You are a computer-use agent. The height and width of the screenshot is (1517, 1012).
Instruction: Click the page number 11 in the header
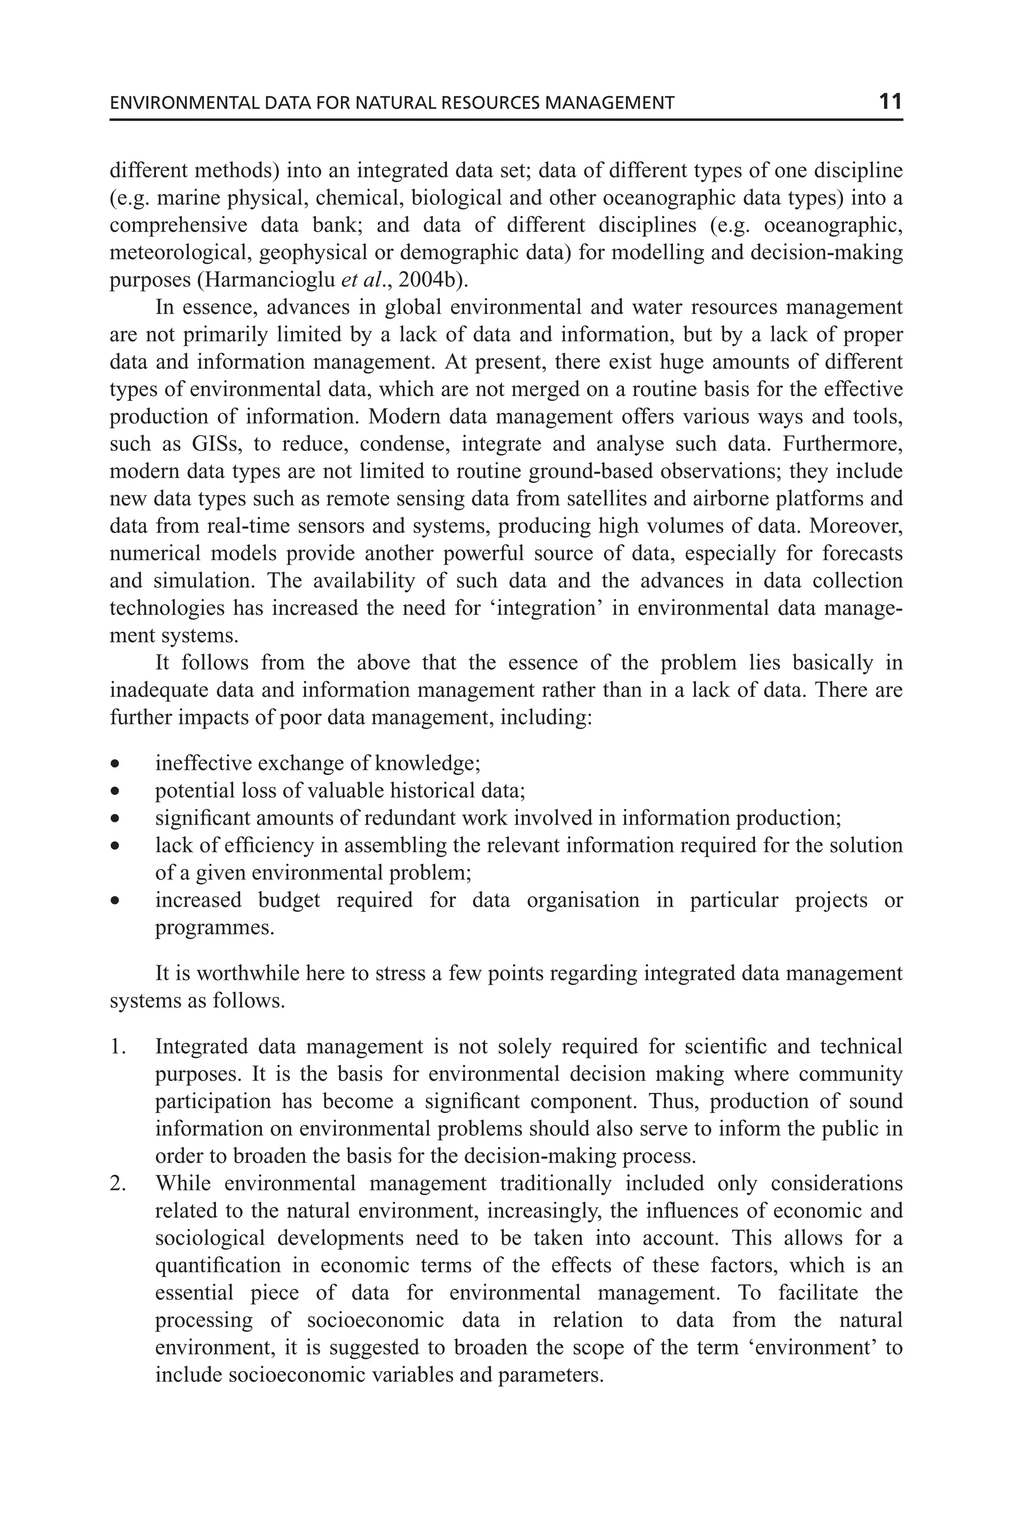890,102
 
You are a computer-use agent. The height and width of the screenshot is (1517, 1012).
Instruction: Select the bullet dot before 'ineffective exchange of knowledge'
115,764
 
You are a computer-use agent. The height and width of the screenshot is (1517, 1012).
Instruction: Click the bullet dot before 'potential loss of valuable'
115,792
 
